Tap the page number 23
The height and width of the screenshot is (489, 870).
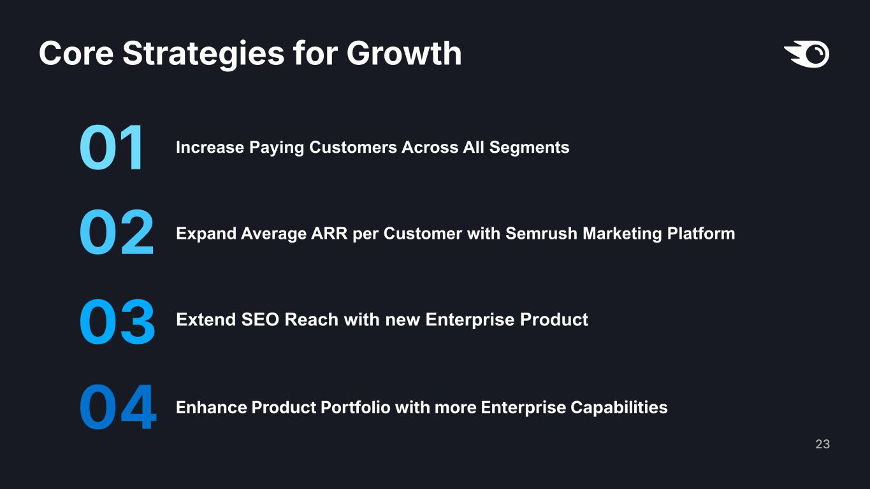pyautogui.click(x=823, y=444)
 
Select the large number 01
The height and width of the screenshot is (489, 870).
pyautogui.click(x=112, y=148)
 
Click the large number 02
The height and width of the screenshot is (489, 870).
pyautogui.click(x=117, y=232)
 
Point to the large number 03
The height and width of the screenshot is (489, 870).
pyautogui.click(x=117, y=322)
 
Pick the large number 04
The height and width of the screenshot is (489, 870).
pyautogui.click(x=118, y=407)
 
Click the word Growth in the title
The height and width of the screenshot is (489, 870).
pyautogui.click(x=404, y=53)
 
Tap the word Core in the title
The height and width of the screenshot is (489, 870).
pyautogui.click(x=76, y=53)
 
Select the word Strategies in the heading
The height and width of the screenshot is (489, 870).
pyautogui.click(x=204, y=54)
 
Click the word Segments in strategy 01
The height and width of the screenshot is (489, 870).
pyautogui.click(x=529, y=148)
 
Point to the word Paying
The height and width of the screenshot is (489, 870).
pyautogui.click(x=277, y=148)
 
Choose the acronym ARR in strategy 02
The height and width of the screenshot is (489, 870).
pyautogui.click(x=330, y=234)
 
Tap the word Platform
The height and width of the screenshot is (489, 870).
pyautogui.click(x=701, y=234)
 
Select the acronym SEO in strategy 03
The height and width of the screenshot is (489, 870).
pyautogui.click(x=260, y=320)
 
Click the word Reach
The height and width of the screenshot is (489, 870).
pyautogui.click(x=312, y=320)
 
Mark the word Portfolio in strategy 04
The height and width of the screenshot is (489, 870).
pyautogui.click(x=356, y=407)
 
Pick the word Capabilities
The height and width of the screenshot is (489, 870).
pyautogui.click(x=619, y=408)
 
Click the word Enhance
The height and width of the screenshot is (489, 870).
pyautogui.click(x=212, y=407)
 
